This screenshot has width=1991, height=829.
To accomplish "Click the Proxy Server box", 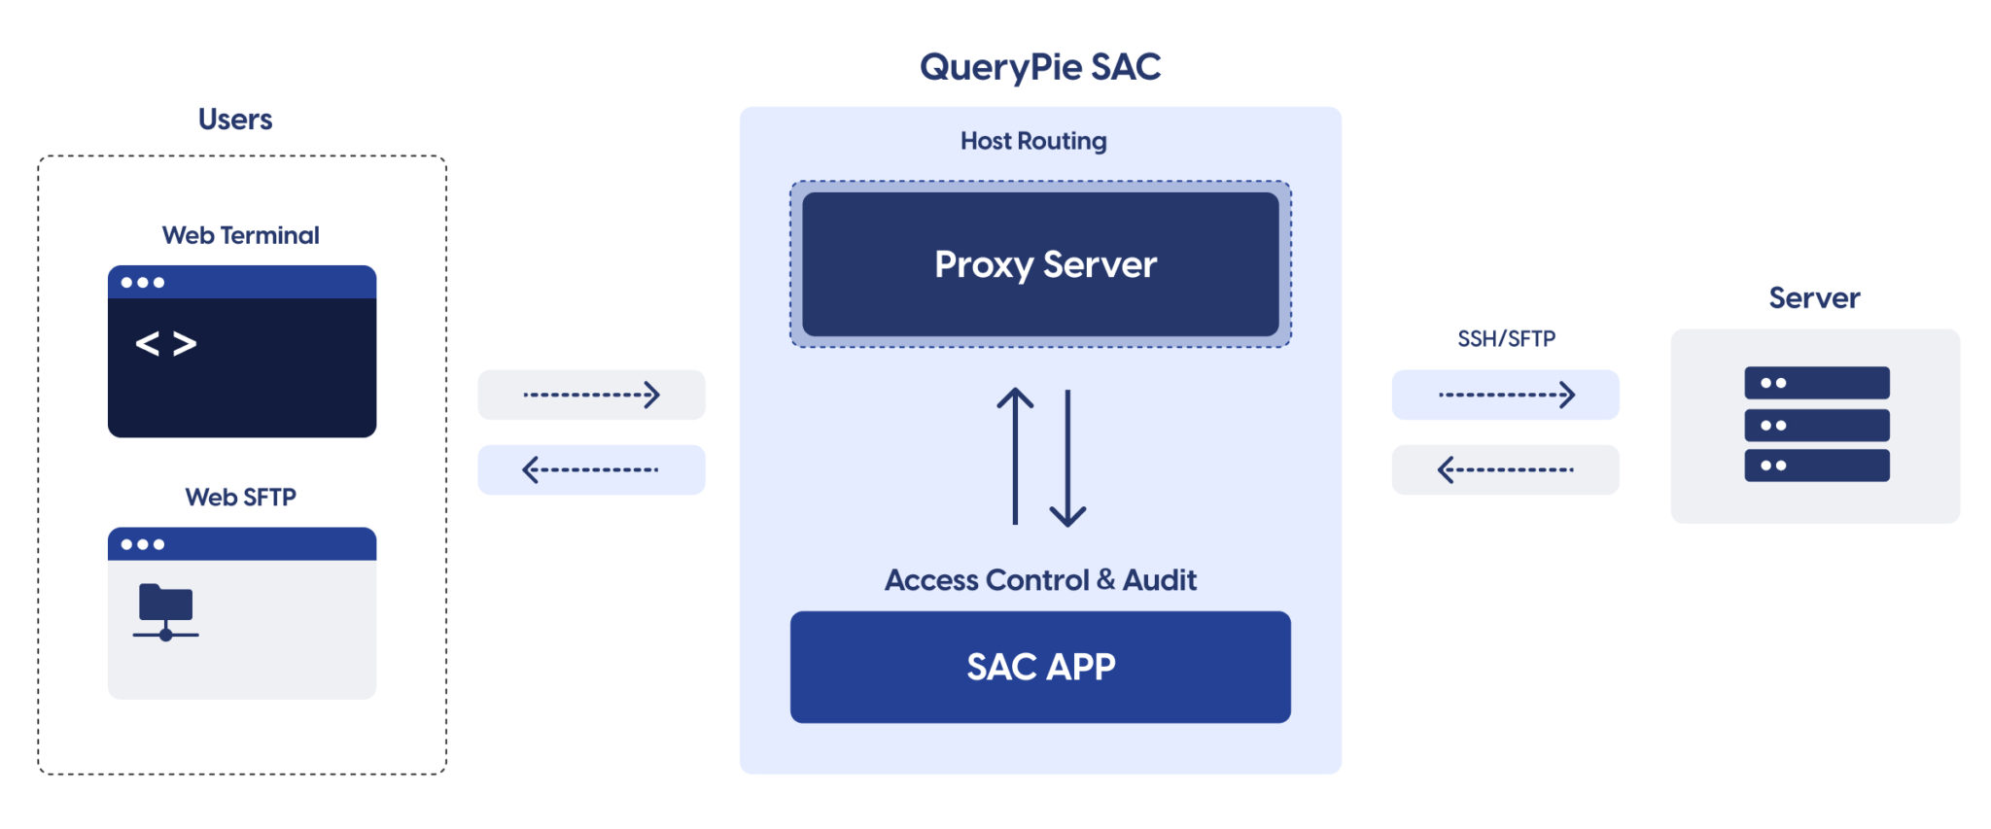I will click(1040, 264).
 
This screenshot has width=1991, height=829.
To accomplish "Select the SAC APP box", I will click(1040, 667).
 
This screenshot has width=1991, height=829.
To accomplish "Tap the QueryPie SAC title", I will click(1040, 67).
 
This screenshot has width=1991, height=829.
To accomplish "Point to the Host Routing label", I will click(1033, 141).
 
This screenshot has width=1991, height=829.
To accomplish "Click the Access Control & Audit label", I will click(1040, 580).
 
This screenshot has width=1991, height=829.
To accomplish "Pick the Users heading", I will click(235, 120).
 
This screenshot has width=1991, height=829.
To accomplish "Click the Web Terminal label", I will click(241, 235).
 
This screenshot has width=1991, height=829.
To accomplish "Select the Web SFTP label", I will click(241, 498).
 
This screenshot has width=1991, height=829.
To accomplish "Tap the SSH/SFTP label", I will click(1506, 338).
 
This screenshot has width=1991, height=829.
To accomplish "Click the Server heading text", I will click(1814, 297).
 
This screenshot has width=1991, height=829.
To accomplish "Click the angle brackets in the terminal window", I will click(166, 343).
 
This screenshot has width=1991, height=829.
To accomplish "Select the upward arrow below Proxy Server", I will click(1015, 455).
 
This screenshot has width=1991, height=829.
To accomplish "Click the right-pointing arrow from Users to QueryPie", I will click(591, 395).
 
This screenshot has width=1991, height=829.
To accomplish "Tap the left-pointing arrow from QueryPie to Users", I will click(591, 470).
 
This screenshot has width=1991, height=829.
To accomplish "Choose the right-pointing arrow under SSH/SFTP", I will click(1506, 395).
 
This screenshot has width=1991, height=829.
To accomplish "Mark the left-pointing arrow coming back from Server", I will click(1506, 470).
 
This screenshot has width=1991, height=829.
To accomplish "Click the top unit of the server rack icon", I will click(1816, 383).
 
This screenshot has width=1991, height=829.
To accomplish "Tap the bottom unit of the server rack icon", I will click(1816, 466).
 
